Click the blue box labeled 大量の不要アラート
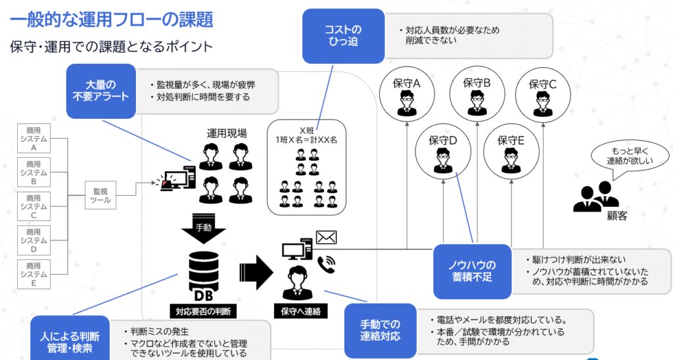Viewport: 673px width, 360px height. pyautogui.click(x=101, y=91)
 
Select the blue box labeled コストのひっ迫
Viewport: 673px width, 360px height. pyautogui.click(x=343, y=35)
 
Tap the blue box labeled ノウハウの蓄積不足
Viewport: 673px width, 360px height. pyautogui.click(x=472, y=271)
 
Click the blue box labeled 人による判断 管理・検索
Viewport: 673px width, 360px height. pyautogui.click(x=70, y=338)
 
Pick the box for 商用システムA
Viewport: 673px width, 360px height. pyautogui.click(x=34, y=139)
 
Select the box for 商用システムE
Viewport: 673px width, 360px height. pyautogui.click(x=34, y=275)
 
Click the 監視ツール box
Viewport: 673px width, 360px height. pyautogui.click(x=101, y=195)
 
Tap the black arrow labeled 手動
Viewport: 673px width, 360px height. pyautogui.click(x=202, y=227)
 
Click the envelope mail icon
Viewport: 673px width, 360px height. pyautogui.click(x=326, y=237)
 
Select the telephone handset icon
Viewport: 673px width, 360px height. pyautogui.click(x=326, y=264)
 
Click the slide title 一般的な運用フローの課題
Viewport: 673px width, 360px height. pyautogui.click(x=111, y=20)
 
